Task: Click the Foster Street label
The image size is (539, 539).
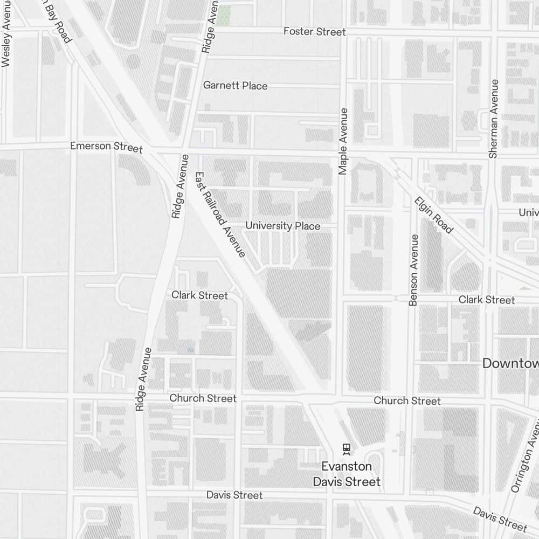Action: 314,32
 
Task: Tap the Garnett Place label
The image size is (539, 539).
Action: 235,86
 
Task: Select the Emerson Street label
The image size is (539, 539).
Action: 106,147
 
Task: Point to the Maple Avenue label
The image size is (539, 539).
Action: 343,141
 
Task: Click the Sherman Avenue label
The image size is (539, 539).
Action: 493,119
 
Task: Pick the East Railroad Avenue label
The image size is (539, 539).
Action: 220,214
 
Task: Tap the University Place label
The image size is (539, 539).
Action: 282,226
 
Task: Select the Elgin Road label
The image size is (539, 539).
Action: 433,215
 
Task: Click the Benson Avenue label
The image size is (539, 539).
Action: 413,271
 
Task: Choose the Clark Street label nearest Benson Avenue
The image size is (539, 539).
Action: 486,300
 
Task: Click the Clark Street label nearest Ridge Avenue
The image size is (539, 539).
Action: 199,295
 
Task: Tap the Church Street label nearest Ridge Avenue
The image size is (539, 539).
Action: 203,398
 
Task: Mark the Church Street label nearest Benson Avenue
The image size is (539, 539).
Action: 407,401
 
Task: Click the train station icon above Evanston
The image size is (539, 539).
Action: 346,448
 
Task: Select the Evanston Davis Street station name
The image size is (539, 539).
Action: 347,474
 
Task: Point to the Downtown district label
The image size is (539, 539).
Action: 510,363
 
